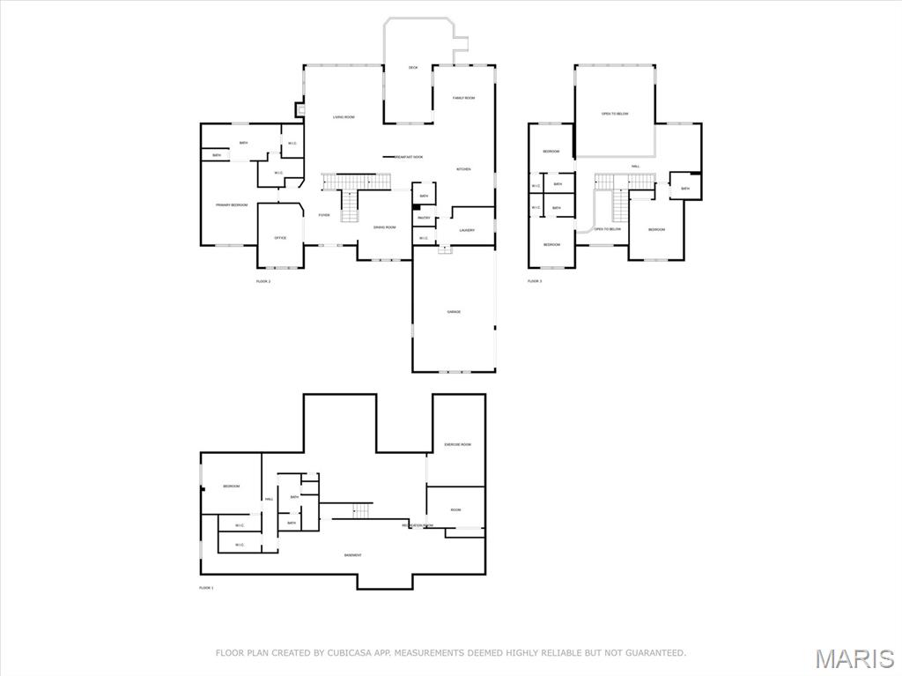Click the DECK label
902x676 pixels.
click(x=413, y=68)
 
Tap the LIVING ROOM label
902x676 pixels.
click(x=344, y=117)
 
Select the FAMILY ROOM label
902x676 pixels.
click(x=463, y=98)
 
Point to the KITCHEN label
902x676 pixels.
click(x=463, y=169)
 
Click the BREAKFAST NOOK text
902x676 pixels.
click(x=408, y=157)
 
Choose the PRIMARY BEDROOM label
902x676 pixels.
click(x=232, y=205)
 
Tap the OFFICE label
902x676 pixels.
click(x=280, y=238)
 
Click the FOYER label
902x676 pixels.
click(x=324, y=215)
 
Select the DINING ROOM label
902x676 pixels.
click(x=385, y=227)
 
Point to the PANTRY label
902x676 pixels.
click(x=424, y=218)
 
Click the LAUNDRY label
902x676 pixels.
click(x=467, y=231)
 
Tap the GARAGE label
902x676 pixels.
click(x=454, y=312)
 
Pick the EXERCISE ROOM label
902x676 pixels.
click(x=457, y=445)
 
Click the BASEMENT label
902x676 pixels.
click(x=352, y=555)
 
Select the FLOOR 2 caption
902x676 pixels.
click(x=263, y=281)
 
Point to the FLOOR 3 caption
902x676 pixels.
click(x=535, y=281)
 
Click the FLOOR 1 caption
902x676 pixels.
click(x=206, y=588)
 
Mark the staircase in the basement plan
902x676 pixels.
click(x=362, y=511)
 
